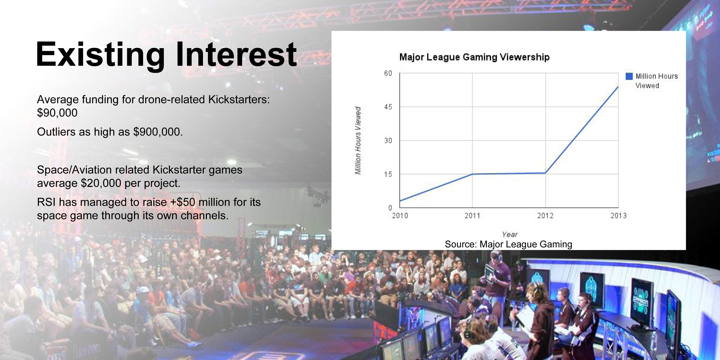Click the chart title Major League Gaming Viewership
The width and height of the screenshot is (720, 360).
tap(474, 57)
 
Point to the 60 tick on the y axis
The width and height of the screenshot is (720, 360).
tap(388, 73)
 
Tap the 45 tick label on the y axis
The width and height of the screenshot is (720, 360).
tap(388, 107)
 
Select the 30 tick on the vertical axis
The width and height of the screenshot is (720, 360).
tap(388, 141)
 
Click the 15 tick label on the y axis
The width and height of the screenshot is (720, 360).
tap(388, 174)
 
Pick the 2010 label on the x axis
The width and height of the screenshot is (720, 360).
tap(400, 216)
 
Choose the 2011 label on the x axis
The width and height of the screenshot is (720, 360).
tap(472, 216)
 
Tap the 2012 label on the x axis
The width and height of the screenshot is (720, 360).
tap(545, 216)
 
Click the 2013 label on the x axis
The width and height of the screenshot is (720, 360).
tap(618, 216)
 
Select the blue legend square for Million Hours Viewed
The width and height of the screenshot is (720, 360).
tap(629, 76)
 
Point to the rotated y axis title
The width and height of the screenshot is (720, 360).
tap(358, 140)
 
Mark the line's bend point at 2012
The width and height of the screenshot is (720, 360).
tap(545, 173)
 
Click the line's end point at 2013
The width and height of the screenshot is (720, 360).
tap(618, 87)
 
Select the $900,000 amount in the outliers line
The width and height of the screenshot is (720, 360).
tap(158, 132)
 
